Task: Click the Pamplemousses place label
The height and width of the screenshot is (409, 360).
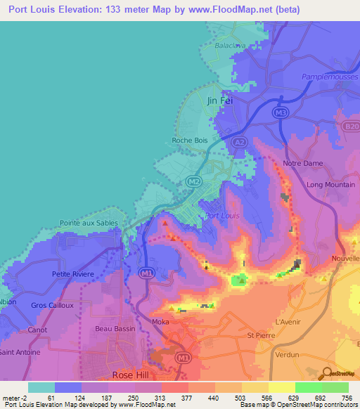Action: pyautogui.click(x=324, y=77)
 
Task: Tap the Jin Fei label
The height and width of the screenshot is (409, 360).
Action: pyautogui.click(x=219, y=100)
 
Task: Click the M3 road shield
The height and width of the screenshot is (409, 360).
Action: pyautogui.click(x=281, y=112)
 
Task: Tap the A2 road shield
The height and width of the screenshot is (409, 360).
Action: pyautogui.click(x=240, y=142)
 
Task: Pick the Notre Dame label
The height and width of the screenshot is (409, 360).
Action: pyautogui.click(x=302, y=163)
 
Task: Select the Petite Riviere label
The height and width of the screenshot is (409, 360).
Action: pyautogui.click(x=72, y=273)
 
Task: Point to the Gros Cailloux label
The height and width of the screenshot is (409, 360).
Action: pyautogui.click(x=53, y=305)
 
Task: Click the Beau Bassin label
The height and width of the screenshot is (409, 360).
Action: pyautogui.click(x=113, y=328)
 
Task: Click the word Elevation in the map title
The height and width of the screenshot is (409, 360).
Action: pyautogui.click(x=77, y=10)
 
